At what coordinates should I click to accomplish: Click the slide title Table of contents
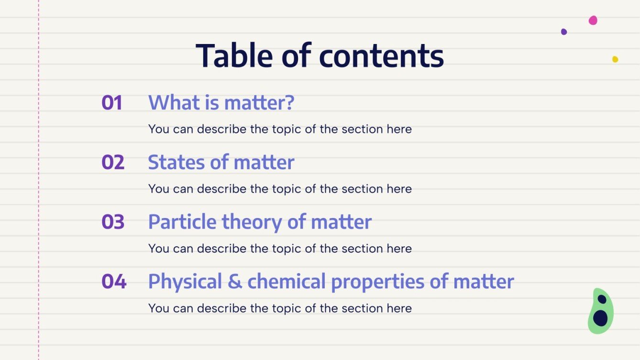point(320,55)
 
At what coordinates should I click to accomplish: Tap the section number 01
point(112,103)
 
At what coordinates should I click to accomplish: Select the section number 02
point(113,163)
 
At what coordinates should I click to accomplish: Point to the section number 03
point(113,222)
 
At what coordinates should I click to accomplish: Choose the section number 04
point(114,282)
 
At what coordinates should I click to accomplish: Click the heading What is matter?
point(221,103)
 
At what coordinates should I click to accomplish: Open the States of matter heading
point(221,163)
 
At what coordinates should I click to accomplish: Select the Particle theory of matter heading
point(260,222)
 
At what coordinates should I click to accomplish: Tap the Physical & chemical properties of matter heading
point(331,282)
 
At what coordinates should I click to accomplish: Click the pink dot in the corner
point(593,20)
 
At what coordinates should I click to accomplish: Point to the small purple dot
point(564,32)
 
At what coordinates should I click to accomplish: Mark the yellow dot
point(615,59)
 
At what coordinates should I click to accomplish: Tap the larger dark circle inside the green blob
point(600,318)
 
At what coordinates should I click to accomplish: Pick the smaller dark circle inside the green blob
point(602,299)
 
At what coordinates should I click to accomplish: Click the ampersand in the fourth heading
point(235,282)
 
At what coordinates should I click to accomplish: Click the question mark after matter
point(289,103)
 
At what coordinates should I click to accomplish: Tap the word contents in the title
point(381,55)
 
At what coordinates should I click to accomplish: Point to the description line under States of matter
point(280,189)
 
